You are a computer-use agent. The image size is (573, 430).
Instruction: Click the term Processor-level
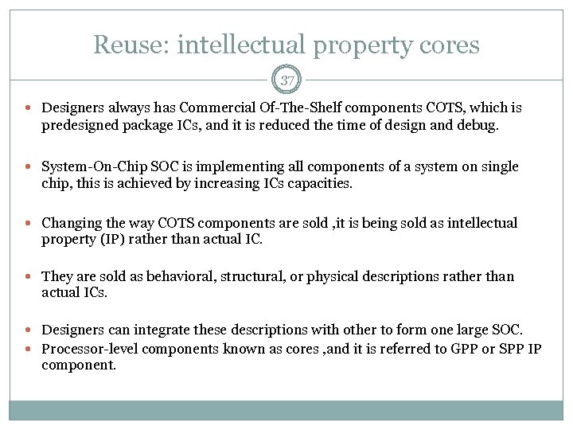(88, 349)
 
